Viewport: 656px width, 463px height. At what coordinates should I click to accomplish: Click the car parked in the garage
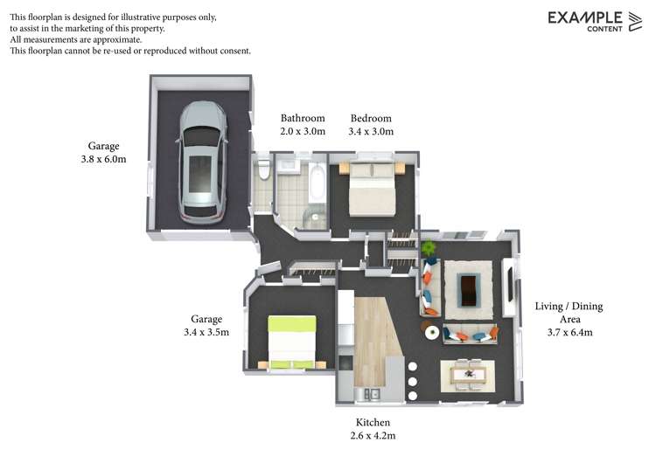[203, 162]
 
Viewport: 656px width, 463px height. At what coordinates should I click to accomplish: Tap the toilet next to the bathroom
[263, 169]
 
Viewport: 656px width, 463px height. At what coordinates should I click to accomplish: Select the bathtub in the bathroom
[318, 183]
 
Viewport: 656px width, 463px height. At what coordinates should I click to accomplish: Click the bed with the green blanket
[291, 342]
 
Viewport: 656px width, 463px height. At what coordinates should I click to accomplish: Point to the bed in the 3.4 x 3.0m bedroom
[372, 189]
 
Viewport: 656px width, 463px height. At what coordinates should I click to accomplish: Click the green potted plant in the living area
[428, 248]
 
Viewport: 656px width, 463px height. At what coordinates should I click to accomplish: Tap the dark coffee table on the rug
[468, 289]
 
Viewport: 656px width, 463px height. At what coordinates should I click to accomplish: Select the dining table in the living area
[468, 375]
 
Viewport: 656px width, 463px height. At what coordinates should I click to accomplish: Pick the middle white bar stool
[413, 381]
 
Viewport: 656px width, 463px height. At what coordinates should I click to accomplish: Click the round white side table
[432, 332]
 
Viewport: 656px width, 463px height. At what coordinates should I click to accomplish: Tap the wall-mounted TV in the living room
[511, 284]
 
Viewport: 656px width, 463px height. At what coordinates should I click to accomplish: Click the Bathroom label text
[303, 118]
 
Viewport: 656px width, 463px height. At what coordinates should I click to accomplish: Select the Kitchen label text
[373, 423]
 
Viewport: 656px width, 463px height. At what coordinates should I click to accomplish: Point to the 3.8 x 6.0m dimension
[103, 159]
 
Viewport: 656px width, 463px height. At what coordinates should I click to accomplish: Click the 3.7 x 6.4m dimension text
[569, 333]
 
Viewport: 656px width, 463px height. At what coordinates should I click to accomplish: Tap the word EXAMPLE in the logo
[585, 18]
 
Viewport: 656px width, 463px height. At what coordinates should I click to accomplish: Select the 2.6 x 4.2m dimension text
[373, 436]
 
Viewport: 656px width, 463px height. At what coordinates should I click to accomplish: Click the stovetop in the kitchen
[346, 363]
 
